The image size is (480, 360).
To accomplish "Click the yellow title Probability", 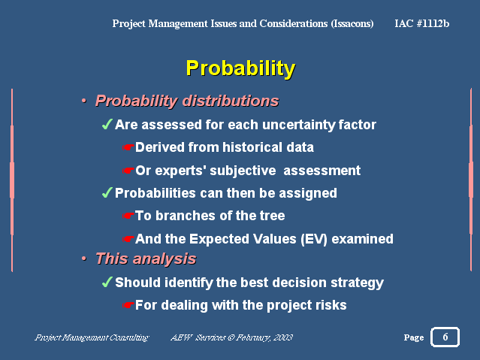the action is click(240, 68).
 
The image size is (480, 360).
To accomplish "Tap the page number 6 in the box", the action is click(445, 337).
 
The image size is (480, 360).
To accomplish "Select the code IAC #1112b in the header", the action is click(422, 23).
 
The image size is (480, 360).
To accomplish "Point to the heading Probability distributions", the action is click(187, 101).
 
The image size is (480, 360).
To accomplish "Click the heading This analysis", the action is click(146, 259).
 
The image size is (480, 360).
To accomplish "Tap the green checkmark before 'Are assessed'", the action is click(107, 125).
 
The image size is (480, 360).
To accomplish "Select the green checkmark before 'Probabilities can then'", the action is click(107, 192).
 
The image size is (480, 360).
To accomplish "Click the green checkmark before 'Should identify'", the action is click(107, 282).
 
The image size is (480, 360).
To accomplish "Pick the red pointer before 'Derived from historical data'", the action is click(128, 147).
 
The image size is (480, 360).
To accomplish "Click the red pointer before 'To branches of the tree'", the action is click(128, 216).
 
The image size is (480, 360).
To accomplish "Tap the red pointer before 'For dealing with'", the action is click(128, 305).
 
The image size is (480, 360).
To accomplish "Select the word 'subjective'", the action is click(243, 171).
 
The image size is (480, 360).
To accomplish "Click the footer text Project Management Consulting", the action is click(92, 337).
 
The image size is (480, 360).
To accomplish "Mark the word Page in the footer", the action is click(414, 337).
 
